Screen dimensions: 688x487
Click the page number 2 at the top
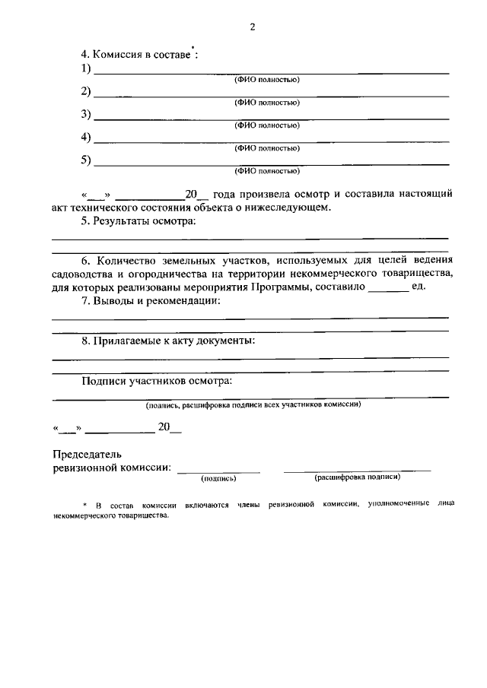(x=252, y=27)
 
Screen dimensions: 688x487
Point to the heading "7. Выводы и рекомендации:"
(x=151, y=302)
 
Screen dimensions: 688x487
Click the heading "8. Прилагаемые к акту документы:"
(x=168, y=341)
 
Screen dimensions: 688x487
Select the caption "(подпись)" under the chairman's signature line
(x=219, y=479)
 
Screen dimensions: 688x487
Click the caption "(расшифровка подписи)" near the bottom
(x=357, y=478)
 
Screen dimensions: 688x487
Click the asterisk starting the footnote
(x=85, y=506)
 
